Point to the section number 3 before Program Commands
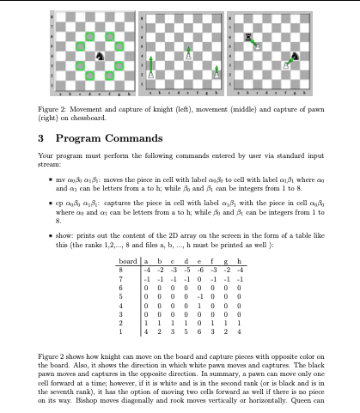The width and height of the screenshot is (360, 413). pyautogui.click(x=42, y=137)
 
